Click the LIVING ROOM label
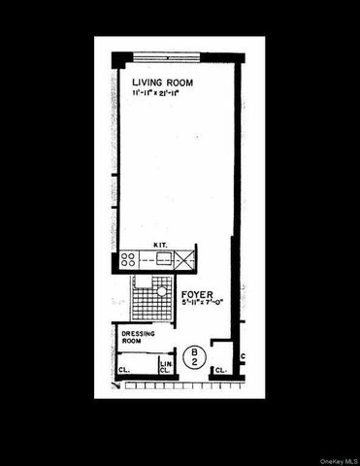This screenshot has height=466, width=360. point(162,83)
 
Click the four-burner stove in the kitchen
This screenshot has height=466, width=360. point(128,259)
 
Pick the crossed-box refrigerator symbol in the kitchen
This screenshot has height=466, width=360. point(187,258)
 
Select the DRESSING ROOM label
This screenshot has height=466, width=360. point(139,339)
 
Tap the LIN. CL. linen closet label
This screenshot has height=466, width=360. point(166,367)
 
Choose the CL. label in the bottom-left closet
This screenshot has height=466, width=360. point(125,370)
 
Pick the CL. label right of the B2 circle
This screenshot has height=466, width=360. point(221,370)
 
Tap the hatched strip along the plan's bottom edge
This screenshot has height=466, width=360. point(175,384)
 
